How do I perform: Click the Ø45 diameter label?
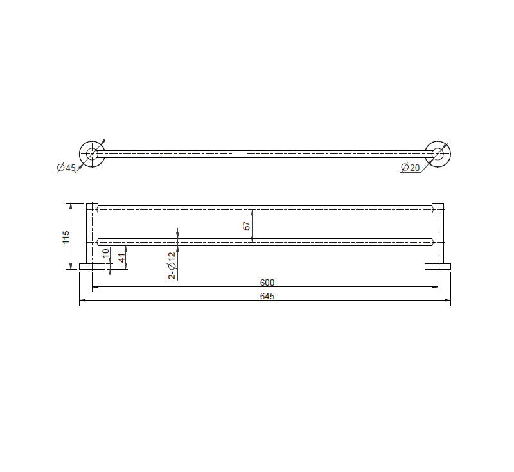click(x=66, y=168)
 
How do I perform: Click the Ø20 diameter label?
click(x=410, y=168)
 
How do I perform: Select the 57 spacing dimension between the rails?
click(x=246, y=225)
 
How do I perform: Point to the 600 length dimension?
click(x=267, y=283)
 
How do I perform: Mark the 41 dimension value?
click(x=120, y=258)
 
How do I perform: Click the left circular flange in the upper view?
click(x=92, y=153)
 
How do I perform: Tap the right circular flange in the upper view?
click(x=438, y=153)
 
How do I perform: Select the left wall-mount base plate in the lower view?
click(x=93, y=266)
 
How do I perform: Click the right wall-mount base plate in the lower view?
click(x=438, y=266)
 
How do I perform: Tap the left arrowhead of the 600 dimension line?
click(x=96, y=288)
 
